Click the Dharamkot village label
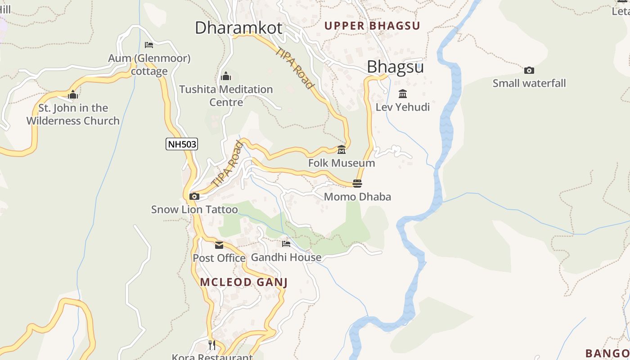click(238, 28)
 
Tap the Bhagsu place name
click(395, 67)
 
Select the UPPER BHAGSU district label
click(372, 26)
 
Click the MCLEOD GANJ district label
click(244, 282)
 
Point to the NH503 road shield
click(182, 144)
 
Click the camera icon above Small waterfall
click(529, 70)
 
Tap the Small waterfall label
click(529, 83)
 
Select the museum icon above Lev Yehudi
click(403, 94)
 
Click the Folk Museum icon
click(342, 150)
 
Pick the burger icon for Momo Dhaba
click(357, 183)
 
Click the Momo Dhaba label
click(357, 197)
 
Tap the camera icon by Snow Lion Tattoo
click(194, 196)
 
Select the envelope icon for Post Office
click(219, 245)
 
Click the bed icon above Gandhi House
click(286, 244)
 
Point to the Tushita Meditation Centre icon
click(226, 76)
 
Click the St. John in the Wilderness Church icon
click(73, 95)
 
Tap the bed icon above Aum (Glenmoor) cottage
click(149, 45)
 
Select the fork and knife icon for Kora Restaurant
click(212, 345)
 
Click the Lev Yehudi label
click(403, 107)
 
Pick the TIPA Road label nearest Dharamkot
click(295, 68)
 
